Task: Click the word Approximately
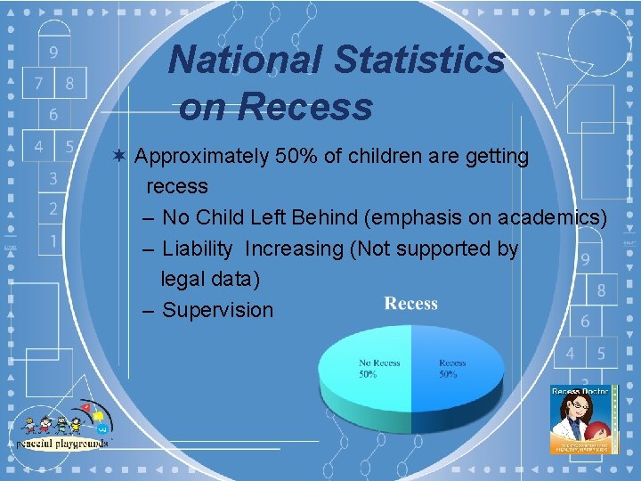coord(202,158)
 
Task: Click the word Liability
coord(197,249)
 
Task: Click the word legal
coord(183,279)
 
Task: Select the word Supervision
coord(217,310)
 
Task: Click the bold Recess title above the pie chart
coord(410,304)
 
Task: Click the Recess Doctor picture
coord(584,420)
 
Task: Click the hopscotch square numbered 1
coord(53,240)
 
